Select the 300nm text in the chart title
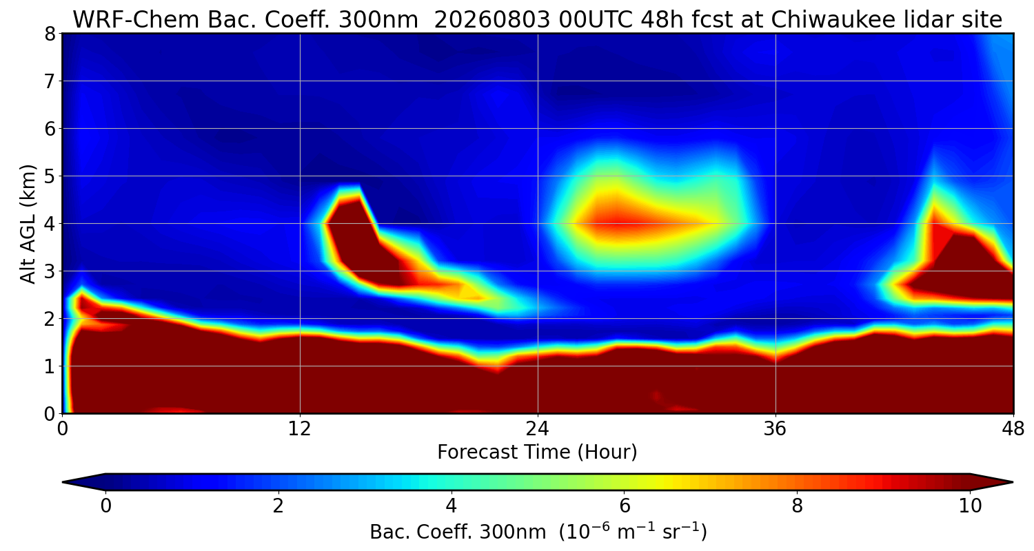coord(378,20)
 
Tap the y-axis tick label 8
coord(50,34)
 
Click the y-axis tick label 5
coord(50,176)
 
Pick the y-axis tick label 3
coord(50,271)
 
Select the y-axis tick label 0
coord(50,414)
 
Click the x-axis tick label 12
coord(300,430)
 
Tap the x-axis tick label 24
coord(538,430)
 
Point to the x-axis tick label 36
coord(775,430)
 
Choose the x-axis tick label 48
coord(1013,430)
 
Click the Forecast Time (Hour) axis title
coord(537,453)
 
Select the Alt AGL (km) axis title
coord(28,224)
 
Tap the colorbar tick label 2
coord(278,506)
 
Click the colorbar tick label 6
coord(625,506)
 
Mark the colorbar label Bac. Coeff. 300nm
coord(458,532)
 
